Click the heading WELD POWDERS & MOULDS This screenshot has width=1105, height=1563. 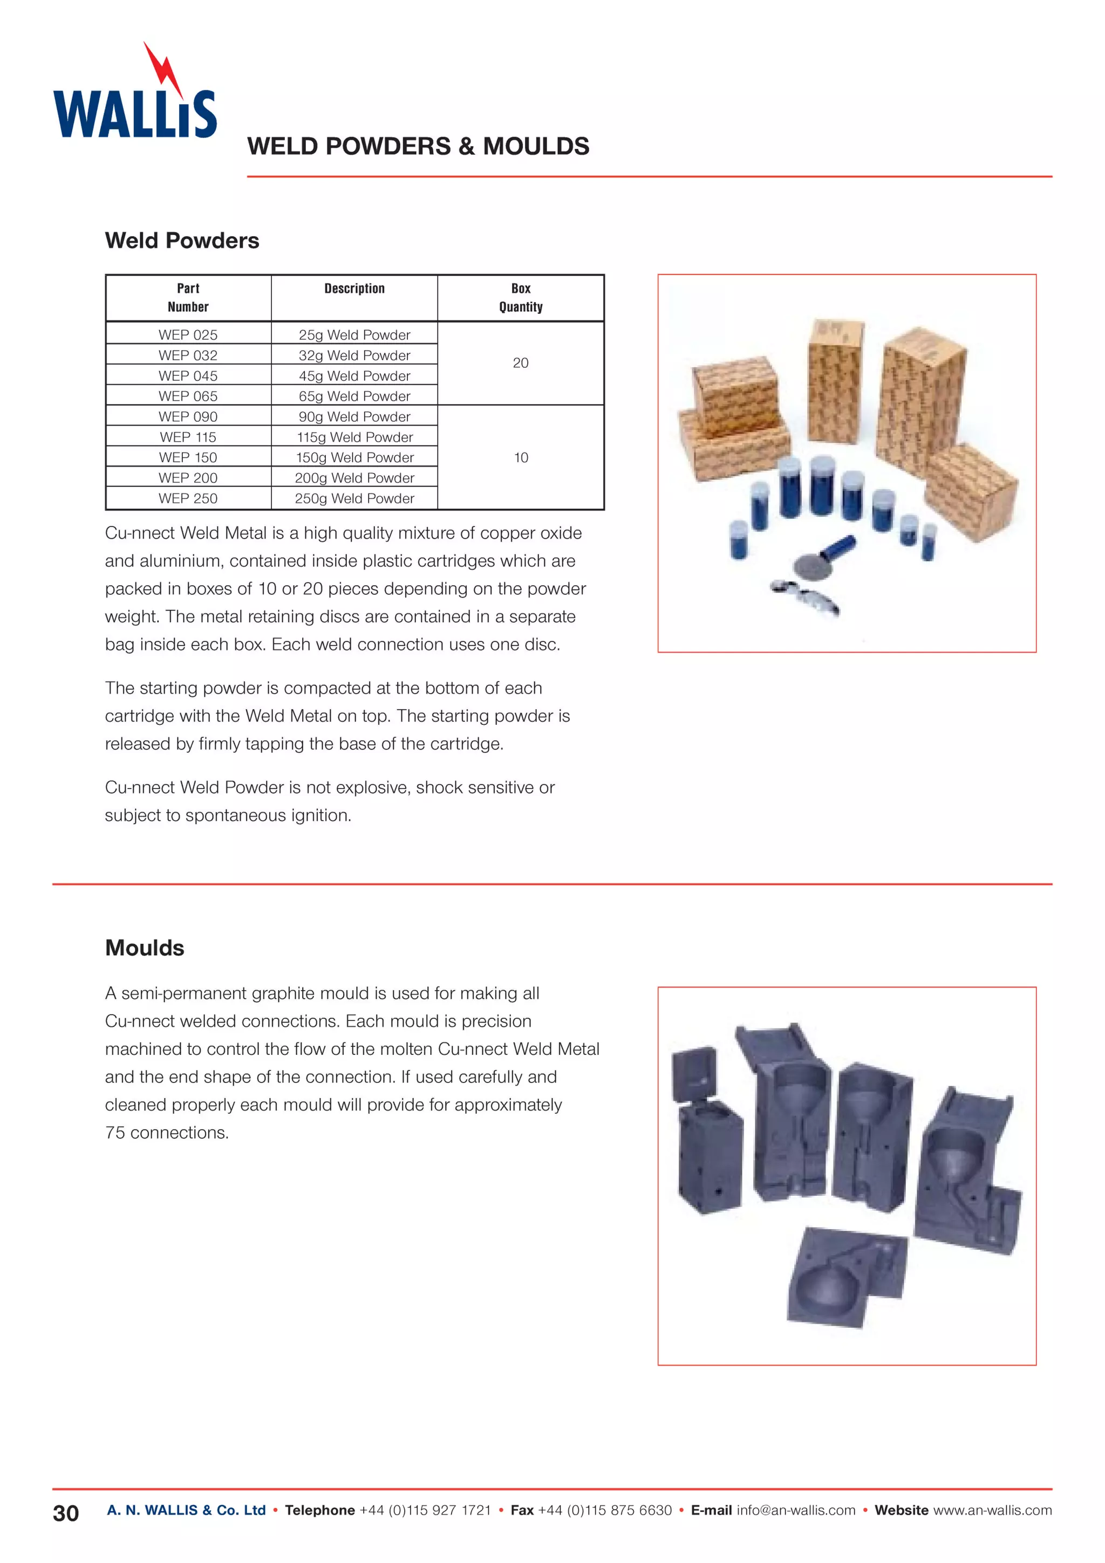pyautogui.click(x=418, y=146)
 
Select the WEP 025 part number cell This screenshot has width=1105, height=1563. pyautogui.click(x=188, y=335)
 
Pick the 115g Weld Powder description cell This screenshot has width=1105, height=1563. pyautogui.click(x=354, y=437)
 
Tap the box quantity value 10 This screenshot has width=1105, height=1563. pyautogui.click(x=520, y=457)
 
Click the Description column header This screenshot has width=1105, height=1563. pyautogui.click(x=354, y=289)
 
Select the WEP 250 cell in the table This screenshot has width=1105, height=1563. pyautogui.click(x=188, y=498)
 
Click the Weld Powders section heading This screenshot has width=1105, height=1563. pyautogui.click(x=182, y=241)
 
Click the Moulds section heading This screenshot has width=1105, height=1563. pyautogui.click(x=145, y=948)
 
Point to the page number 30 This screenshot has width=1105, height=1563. pyautogui.click(x=65, y=1513)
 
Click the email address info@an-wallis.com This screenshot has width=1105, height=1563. pyautogui.click(x=795, y=1510)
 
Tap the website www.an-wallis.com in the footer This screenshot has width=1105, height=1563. pyautogui.click(x=992, y=1510)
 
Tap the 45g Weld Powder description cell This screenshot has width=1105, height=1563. pyautogui.click(x=354, y=376)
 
